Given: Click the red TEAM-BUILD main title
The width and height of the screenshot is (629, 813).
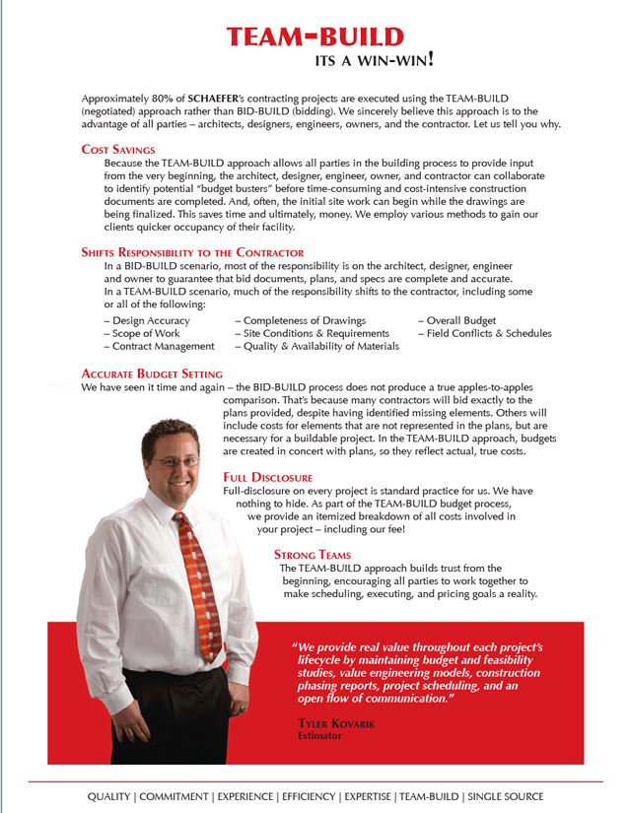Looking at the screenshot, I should coord(314,37).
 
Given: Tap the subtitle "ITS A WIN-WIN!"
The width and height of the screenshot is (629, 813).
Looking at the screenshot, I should coord(374,59).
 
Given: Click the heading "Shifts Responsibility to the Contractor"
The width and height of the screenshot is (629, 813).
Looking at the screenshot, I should coord(192,252).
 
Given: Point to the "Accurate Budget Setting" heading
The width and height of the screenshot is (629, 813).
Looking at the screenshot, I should coord(152,374).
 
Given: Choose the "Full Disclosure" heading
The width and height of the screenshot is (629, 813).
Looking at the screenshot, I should coord(268,477).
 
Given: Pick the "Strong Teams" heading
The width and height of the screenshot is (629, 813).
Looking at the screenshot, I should coord(312,555).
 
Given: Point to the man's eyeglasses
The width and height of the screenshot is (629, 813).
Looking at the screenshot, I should coord(175,460).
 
